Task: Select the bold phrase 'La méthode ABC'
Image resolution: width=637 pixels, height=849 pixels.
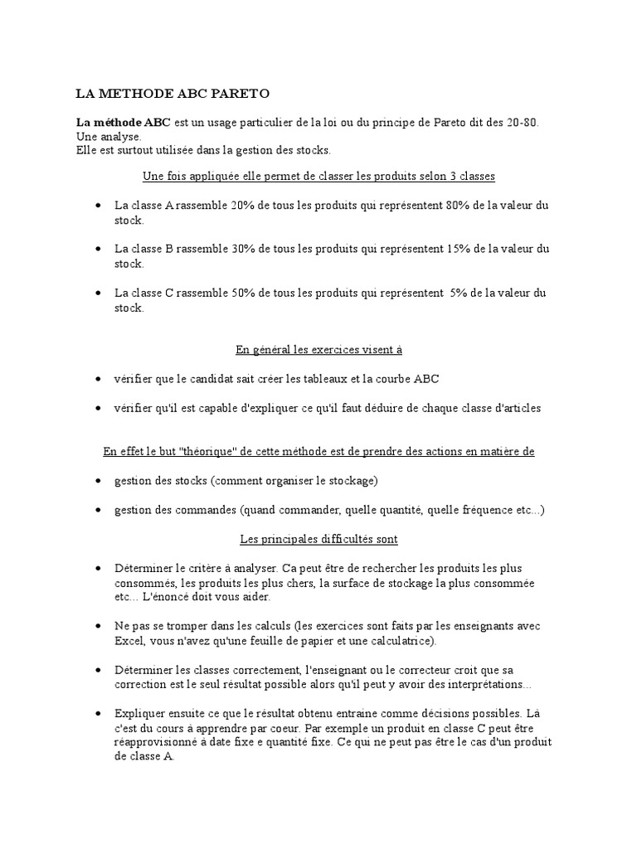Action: (x=123, y=122)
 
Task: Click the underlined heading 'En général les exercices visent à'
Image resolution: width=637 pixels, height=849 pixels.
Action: (x=319, y=350)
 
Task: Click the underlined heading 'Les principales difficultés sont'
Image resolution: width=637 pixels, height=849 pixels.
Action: (x=319, y=539)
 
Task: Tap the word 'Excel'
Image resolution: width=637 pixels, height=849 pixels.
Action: (x=129, y=641)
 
